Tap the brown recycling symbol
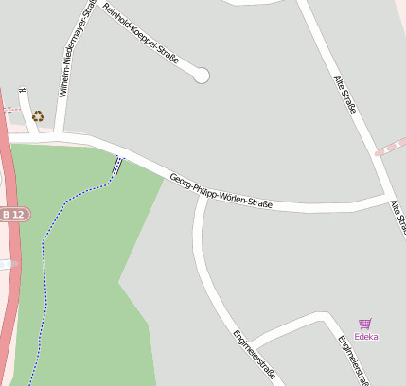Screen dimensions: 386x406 (38, 116)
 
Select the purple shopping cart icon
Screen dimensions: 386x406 (365, 324)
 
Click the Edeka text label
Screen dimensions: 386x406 (365, 337)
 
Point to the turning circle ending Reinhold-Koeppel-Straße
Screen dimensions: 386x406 (202, 76)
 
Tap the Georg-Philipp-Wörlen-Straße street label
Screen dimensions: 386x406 (221, 191)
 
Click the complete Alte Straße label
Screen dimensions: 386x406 (345, 95)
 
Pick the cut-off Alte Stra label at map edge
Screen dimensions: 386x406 (398, 218)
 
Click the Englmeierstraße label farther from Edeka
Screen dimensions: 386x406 (254, 356)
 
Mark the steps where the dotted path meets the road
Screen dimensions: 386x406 (117, 165)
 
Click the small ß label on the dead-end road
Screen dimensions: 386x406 (22, 92)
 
